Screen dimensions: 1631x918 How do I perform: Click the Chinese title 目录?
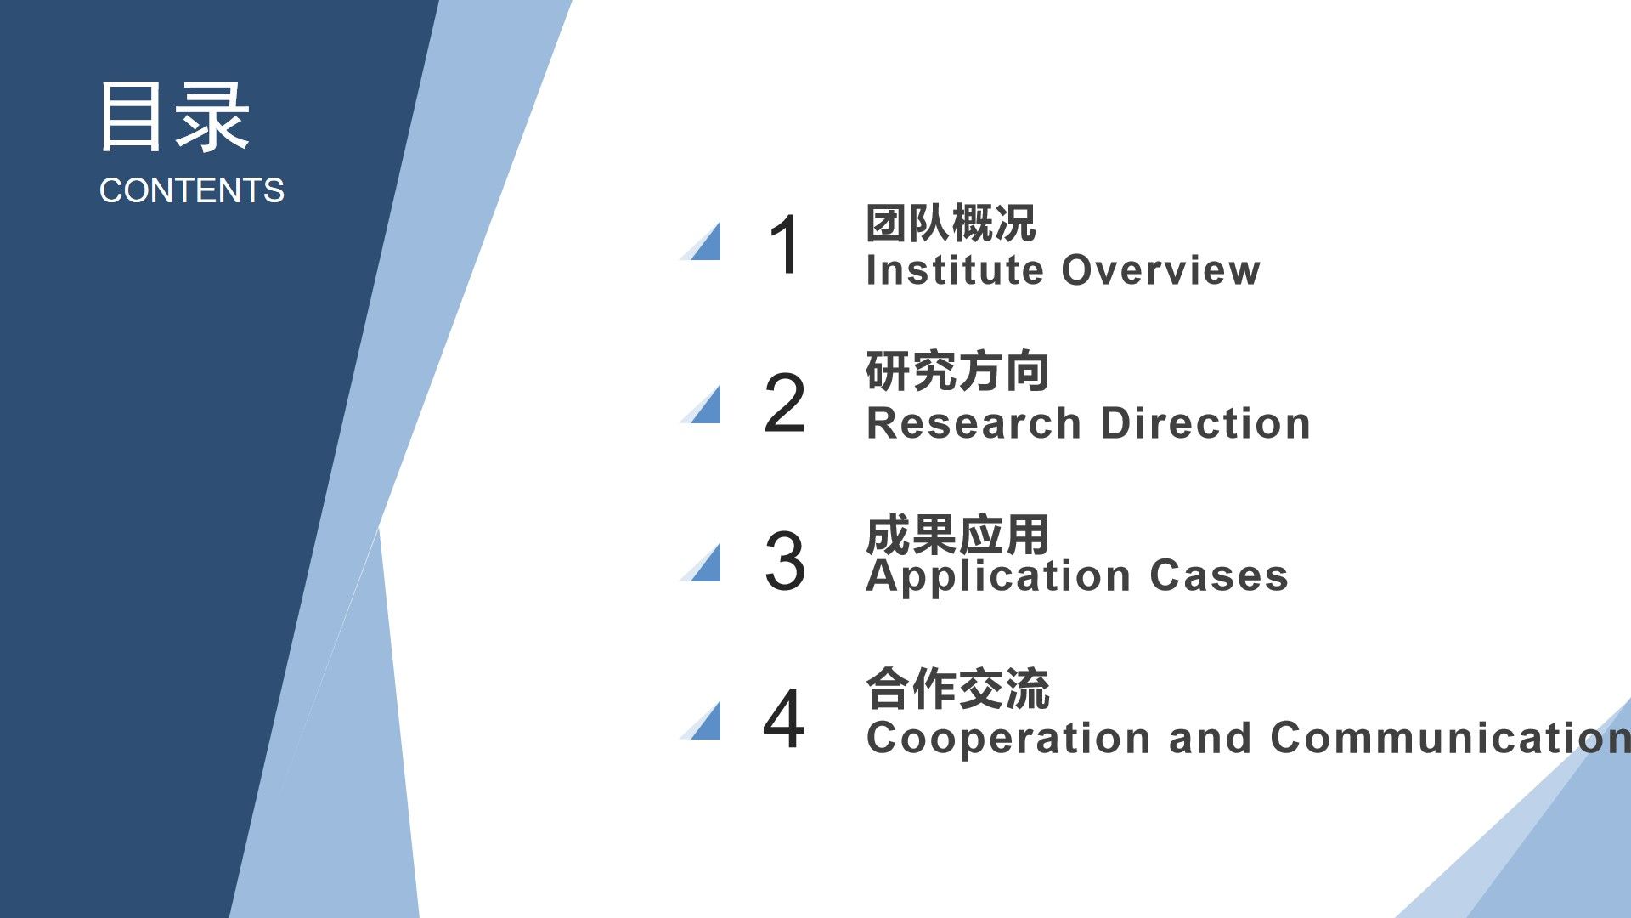(175, 117)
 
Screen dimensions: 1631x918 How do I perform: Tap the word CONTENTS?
(192, 190)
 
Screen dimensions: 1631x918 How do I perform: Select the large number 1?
(784, 245)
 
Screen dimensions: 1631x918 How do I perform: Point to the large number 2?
(784, 403)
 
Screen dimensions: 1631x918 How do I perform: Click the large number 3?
(784, 561)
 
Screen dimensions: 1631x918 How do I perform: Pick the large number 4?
(783, 718)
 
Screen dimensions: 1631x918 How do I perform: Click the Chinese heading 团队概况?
(951, 224)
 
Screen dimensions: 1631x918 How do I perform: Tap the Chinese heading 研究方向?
(957, 371)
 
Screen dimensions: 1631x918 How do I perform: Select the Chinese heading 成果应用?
(957, 535)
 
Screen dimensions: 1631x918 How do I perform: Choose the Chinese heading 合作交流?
(957, 688)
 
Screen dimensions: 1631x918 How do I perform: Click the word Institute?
(955, 270)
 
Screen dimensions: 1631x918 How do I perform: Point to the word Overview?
(1161, 270)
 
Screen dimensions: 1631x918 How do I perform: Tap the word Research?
(974, 423)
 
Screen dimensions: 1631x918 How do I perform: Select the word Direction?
(1206, 423)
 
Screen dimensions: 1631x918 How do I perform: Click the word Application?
(998, 576)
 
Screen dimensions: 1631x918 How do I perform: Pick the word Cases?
(1219, 576)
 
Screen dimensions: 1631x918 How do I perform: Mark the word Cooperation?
(1007, 738)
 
